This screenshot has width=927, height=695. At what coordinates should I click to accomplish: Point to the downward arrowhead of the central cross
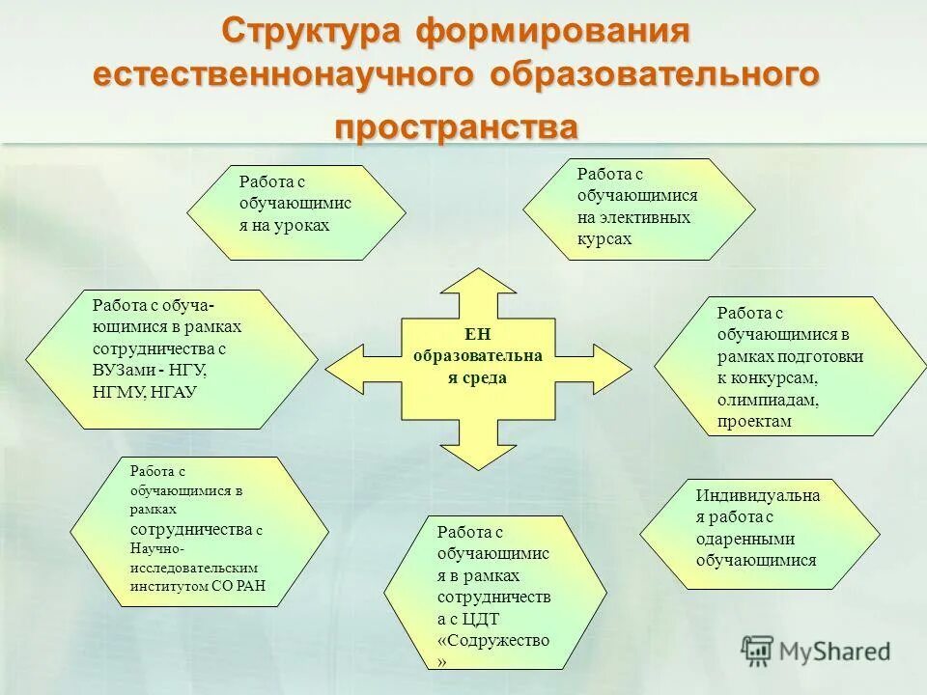pyautogui.click(x=478, y=454)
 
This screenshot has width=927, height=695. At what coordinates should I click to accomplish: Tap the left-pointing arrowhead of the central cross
pyautogui.click(x=340, y=370)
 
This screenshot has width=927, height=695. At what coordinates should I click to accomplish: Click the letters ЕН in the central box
pyautogui.click(x=478, y=335)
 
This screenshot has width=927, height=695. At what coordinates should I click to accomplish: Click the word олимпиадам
pyautogui.click(x=768, y=400)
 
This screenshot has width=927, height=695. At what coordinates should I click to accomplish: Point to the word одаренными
pyautogui.click(x=744, y=540)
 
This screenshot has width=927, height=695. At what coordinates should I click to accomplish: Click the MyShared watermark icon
pyautogui.click(x=758, y=650)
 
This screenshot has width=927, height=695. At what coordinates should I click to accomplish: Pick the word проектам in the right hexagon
pyautogui.click(x=754, y=421)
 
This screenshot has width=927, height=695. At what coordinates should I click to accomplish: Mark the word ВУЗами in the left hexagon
pyautogui.click(x=124, y=369)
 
